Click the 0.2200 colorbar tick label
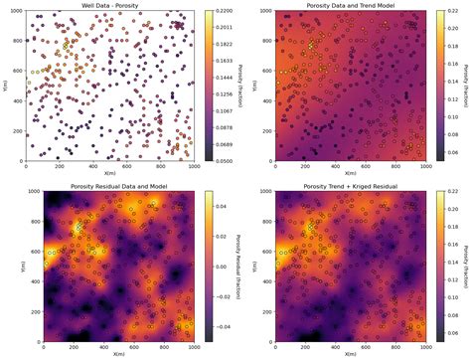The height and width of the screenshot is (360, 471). pos(221,12)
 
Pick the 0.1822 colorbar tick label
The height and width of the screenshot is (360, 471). pos(221,45)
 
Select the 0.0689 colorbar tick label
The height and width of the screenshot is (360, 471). pos(221,144)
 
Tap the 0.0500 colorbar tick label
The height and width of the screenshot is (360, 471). pos(221,161)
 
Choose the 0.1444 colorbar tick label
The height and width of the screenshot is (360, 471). pos(221,78)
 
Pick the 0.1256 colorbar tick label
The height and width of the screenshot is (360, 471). pos(221,94)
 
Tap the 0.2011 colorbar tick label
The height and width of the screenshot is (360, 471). pos(221,28)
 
